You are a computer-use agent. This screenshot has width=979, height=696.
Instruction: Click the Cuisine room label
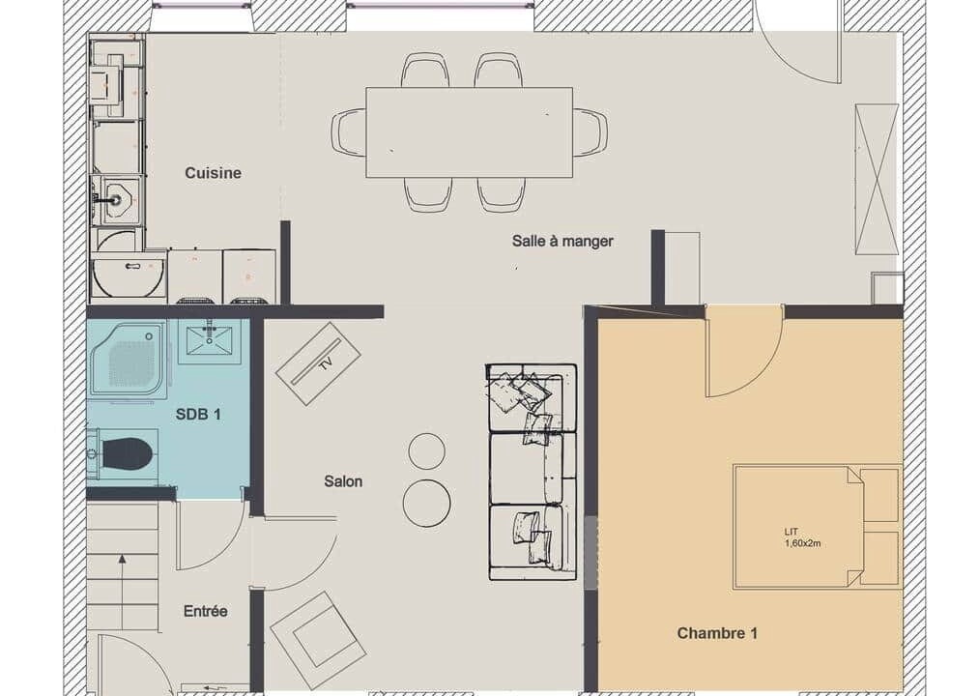pos(213,173)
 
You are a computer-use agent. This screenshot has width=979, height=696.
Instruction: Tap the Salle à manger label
pos(562,241)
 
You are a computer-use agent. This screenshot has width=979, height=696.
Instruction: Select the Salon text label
pos(343,481)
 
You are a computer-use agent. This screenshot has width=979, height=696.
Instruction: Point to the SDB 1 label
pos(198,415)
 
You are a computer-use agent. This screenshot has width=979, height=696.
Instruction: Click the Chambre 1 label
pos(717,633)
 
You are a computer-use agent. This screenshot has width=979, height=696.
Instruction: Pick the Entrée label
pos(206,611)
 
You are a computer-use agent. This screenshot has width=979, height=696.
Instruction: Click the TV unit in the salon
pos(318,363)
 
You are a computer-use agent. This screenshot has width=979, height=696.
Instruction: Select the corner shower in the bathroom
pos(130,360)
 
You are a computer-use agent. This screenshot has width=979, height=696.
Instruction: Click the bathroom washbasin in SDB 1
pos(209,341)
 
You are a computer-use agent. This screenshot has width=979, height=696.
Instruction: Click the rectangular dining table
pos(470,132)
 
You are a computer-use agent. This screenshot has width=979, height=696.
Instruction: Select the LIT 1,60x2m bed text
pos(802,537)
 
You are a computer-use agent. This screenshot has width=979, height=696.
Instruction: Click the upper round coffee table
pos(427,451)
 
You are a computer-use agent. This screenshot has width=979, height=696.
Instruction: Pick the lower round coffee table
pos(427,504)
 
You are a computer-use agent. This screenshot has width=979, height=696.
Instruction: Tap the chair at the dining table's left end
pos(348,131)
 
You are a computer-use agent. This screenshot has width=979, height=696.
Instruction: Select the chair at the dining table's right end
pos(590,131)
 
